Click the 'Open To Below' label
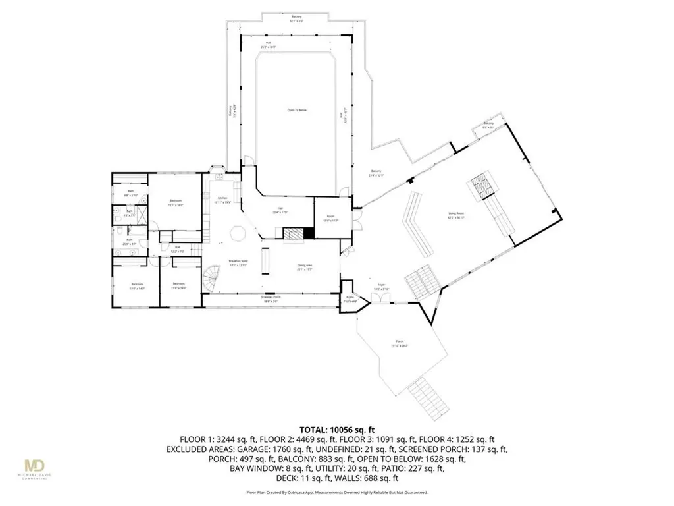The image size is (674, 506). (297, 110)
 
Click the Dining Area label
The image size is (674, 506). (304, 266)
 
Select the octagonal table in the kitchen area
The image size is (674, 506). (237, 233)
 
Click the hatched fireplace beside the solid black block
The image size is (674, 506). (292, 233)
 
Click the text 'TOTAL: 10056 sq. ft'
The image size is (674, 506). (336, 429)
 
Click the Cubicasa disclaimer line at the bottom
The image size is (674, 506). (336, 492)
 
